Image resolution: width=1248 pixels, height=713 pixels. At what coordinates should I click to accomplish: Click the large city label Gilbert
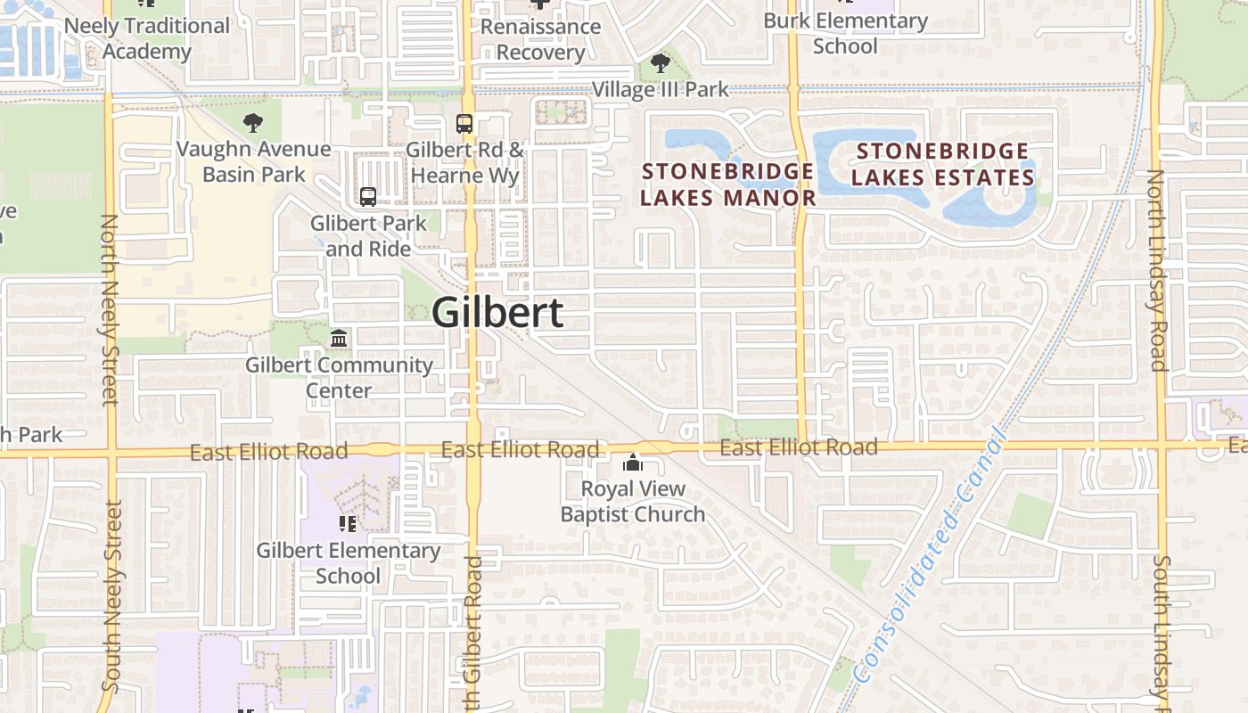coord(497,313)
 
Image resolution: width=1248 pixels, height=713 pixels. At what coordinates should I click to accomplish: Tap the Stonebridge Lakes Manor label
coord(727,184)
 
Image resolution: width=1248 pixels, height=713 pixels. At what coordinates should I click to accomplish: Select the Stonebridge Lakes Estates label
coord(942,165)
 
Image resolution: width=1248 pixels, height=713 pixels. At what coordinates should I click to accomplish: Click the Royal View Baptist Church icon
coord(633,463)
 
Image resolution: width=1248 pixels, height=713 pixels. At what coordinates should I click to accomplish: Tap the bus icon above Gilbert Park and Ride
coord(368,197)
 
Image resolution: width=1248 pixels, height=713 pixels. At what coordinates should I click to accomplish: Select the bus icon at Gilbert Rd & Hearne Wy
coord(464,124)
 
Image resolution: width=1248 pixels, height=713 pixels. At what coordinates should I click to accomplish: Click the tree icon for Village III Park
coord(661,63)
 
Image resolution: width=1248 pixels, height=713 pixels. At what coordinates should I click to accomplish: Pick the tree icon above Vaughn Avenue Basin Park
coord(253,123)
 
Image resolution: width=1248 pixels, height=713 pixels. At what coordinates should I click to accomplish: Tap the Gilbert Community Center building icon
coord(339,339)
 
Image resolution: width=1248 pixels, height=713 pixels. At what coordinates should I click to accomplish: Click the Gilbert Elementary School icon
coord(348,524)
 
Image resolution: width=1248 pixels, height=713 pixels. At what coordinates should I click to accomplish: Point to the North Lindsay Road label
coord(1156,270)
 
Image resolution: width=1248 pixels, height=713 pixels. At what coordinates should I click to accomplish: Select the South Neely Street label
coord(111,595)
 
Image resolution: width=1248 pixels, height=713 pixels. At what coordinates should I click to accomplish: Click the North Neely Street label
coord(109,309)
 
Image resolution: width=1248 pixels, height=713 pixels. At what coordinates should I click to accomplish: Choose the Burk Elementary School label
coord(845,33)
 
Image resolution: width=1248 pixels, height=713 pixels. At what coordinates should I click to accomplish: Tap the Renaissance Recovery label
coord(540,39)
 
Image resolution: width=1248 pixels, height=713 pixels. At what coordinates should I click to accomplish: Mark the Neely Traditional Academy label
coord(147,38)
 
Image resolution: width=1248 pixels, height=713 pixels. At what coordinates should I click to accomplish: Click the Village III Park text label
coord(661,89)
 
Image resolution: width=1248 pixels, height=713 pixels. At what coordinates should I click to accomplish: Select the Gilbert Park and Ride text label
coord(368,235)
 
